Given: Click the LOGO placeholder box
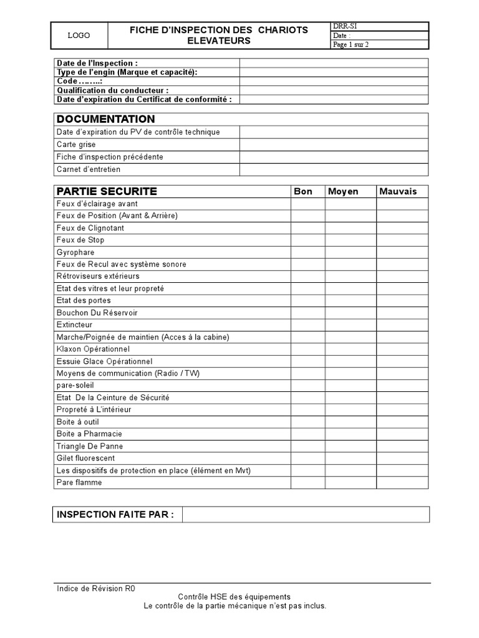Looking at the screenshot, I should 79,36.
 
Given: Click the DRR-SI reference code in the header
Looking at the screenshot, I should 345,26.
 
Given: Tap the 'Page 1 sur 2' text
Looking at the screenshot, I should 351,45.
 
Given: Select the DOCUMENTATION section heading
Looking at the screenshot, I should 105,119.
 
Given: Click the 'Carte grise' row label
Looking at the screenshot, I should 76,145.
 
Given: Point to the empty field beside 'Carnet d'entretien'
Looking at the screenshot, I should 334,169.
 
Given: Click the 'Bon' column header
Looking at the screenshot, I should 303,191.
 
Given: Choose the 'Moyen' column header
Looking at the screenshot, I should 343,191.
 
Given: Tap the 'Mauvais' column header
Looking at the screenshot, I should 398,191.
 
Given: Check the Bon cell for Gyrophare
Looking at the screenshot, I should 307,252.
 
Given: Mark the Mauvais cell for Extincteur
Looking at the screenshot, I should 402,325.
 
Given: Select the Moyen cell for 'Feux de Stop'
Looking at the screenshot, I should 350,240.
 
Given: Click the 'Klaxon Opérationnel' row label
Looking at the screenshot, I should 93,349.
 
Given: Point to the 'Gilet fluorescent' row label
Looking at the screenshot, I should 85,458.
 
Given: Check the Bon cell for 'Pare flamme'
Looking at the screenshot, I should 307,482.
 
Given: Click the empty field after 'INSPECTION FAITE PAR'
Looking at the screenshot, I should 306,514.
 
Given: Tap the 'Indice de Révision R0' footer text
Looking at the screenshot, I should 95,588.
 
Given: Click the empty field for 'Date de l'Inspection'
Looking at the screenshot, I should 334,63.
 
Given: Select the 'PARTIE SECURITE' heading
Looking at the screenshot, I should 107,191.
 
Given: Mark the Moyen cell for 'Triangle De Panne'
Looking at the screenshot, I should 350,446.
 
